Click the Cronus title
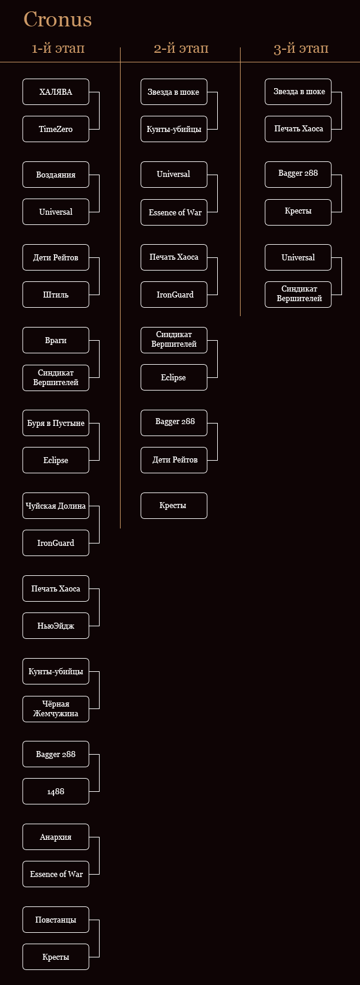pyautogui.click(x=58, y=19)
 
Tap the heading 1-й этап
pyautogui.click(x=58, y=48)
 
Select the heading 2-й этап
pyautogui.click(x=181, y=48)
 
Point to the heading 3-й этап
pyautogui.click(x=301, y=48)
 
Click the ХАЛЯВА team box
pyautogui.click(x=56, y=92)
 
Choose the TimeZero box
pyautogui.click(x=56, y=130)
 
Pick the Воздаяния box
pyautogui.click(x=56, y=175)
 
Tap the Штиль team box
pyautogui.click(x=56, y=295)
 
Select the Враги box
pyautogui.click(x=56, y=340)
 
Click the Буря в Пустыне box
pyautogui.click(x=56, y=423)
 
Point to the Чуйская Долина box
pyautogui.click(x=56, y=506)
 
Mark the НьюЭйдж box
pyautogui.click(x=56, y=626)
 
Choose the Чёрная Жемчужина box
pyautogui.click(x=56, y=709)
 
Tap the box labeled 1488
pyautogui.click(x=56, y=791)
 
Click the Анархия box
pyautogui.click(x=56, y=837)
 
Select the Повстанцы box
pyautogui.click(x=56, y=920)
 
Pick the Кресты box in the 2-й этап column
pyautogui.click(x=174, y=506)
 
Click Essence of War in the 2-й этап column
pyautogui.click(x=174, y=212)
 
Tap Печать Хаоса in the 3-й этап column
pyautogui.click(x=298, y=129)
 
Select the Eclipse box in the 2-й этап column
pyautogui.click(x=174, y=377)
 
